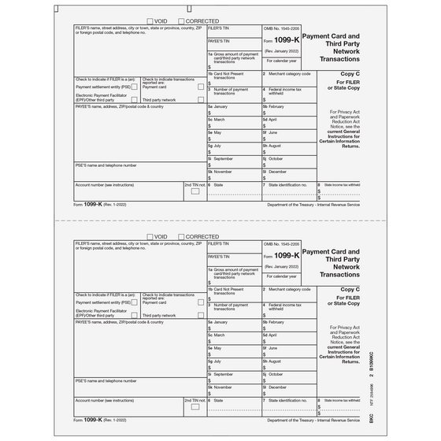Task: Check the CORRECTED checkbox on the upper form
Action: (x=182, y=21)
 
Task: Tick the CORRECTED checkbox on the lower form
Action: (x=182, y=236)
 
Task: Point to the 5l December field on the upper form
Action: (x=288, y=176)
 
